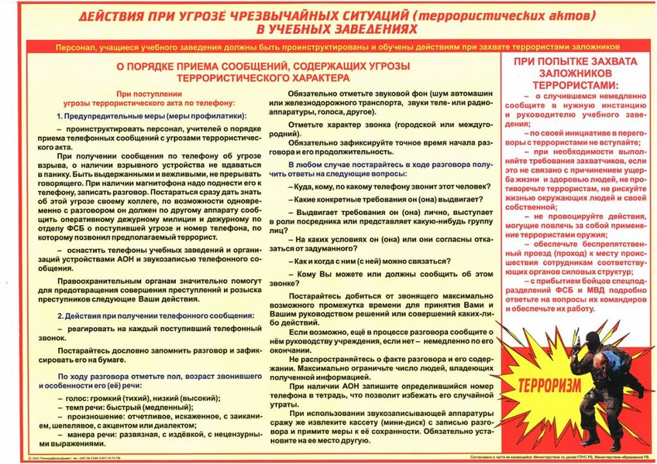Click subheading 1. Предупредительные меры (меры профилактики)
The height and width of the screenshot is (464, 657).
coord(151,116)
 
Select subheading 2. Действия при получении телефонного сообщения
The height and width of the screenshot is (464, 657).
coord(155,316)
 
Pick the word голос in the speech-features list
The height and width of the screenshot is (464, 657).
coord(78,398)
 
